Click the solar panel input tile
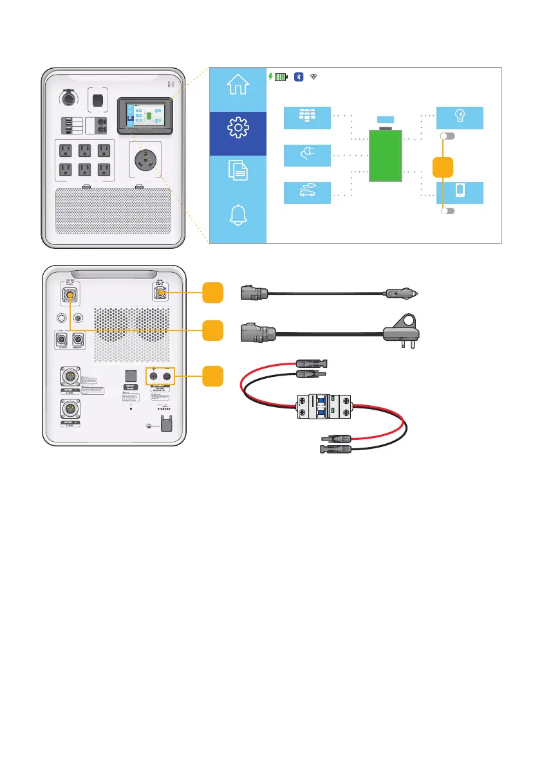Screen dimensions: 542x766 (307, 118)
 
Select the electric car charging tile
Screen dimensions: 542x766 (307, 192)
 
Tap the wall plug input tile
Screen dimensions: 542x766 (307, 155)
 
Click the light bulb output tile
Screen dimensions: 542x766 (460, 118)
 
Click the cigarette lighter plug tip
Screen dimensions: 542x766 (418, 293)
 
